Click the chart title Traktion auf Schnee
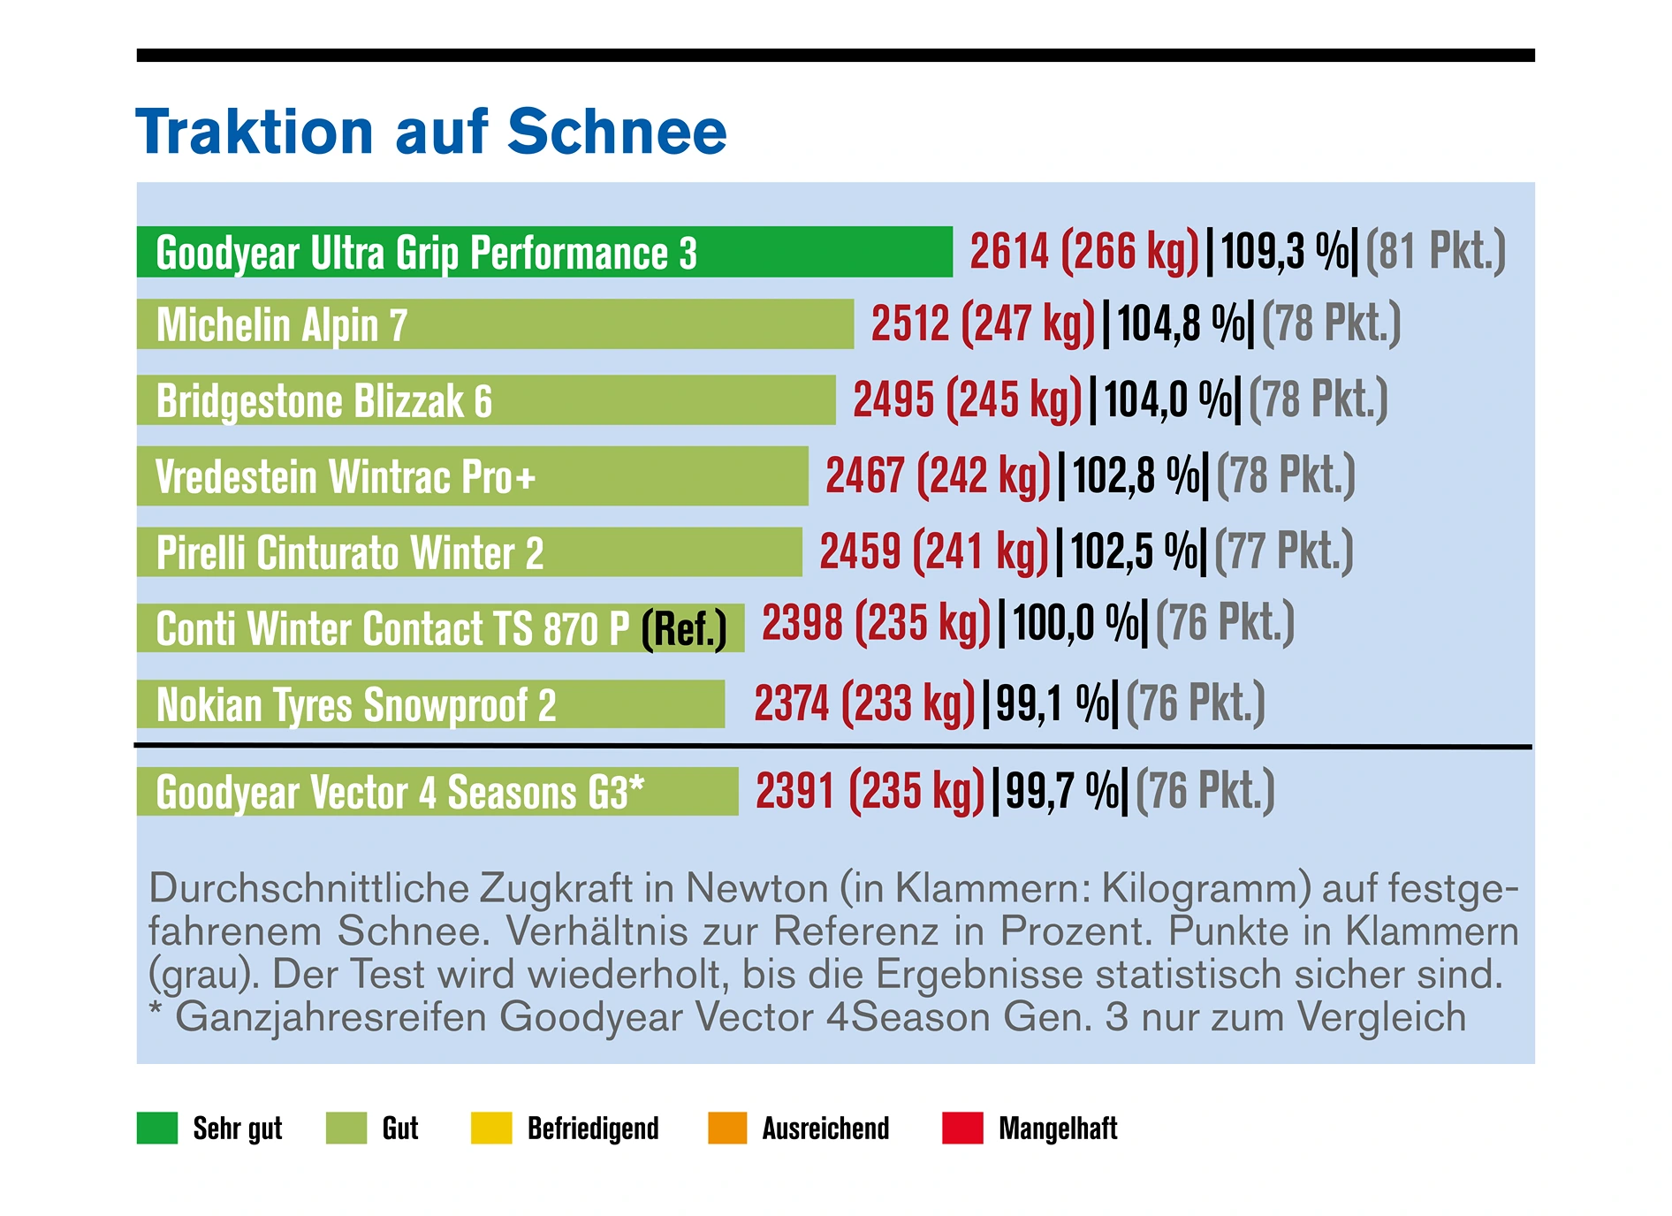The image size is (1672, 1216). pyautogui.click(x=430, y=131)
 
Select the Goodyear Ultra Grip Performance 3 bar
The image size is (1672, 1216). pyautogui.click(x=543, y=252)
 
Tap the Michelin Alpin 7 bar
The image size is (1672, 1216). pyautogui.click(x=495, y=324)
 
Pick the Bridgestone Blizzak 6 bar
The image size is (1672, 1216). pyautogui.click(x=486, y=400)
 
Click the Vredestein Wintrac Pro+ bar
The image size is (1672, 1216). pyautogui.click(x=472, y=476)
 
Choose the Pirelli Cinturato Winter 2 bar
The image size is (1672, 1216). pyautogui.click(x=468, y=552)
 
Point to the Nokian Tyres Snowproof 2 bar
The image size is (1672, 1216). pyautogui.click(x=430, y=704)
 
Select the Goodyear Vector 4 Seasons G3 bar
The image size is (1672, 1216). pyautogui.click(x=437, y=791)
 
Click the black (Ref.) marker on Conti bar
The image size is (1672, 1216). pyautogui.click(x=684, y=629)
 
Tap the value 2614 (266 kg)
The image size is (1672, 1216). pyautogui.click(x=1084, y=251)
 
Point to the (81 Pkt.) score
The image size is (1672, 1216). pyautogui.click(x=1435, y=251)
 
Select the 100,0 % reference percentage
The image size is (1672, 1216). pyautogui.click(x=1075, y=622)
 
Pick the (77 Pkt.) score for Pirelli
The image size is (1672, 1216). pyautogui.click(x=1283, y=551)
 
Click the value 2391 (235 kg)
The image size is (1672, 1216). pyautogui.click(x=870, y=790)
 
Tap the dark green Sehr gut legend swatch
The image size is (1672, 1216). pyautogui.click(x=157, y=1128)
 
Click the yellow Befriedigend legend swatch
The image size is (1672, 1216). pyautogui.click(x=491, y=1128)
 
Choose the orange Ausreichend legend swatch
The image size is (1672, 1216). pyautogui.click(x=727, y=1128)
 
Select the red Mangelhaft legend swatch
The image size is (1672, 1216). pyautogui.click(x=962, y=1128)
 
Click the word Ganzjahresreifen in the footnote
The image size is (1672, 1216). pyautogui.click(x=331, y=1016)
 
